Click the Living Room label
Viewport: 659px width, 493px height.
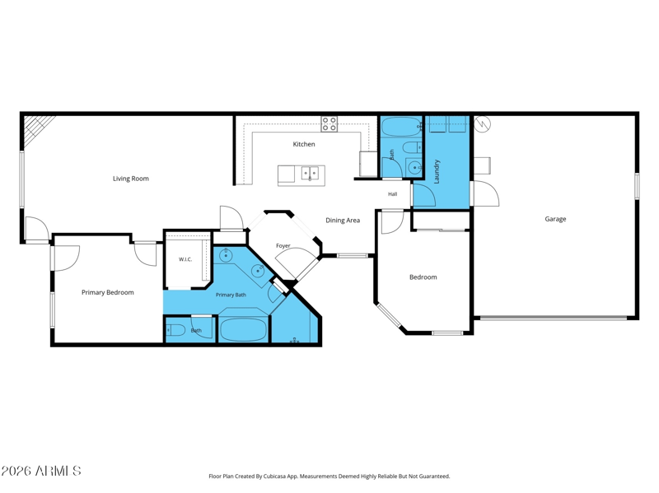click(x=131, y=179)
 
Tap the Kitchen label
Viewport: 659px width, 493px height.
click(x=304, y=144)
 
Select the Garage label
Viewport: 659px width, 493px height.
click(x=555, y=219)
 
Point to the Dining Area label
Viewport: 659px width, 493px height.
click(x=343, y=220)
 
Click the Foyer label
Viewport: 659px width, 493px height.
click(x=283, y=245)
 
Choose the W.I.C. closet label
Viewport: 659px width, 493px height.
click(x=185, y=259)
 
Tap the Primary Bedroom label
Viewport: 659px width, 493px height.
click(x=108, y=292)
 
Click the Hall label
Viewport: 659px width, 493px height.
click(x=393, y=194)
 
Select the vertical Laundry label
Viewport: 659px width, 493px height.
click(x=437, y=171)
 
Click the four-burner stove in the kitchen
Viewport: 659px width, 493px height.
click(x=329, y=124)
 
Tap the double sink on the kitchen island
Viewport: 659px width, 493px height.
click(x=310, y=173)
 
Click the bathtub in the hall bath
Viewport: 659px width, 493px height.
click(x=402, y=127)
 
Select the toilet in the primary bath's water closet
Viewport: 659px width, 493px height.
click(x=175, y=331)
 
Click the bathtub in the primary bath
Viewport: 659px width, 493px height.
click(x=243, y=330)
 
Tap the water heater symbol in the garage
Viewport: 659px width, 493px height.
click(x=482, y=123)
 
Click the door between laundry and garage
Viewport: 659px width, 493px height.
click(x=484, y=193)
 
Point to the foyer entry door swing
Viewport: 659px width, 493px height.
click(x=296, y=262)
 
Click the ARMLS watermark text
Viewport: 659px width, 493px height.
click(x=40, y=471)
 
